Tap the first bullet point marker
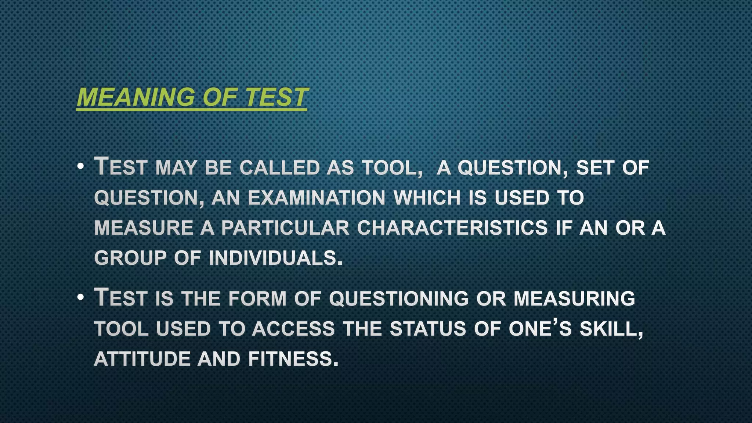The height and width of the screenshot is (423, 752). (81, 167)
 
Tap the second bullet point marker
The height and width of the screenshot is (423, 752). (81, 298)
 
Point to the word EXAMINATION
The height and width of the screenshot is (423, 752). (317, 198)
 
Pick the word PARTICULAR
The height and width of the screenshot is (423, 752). (285, 228)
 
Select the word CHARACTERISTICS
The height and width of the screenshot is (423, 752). (452, 228)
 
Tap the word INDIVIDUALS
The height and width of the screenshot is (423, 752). (275, 258)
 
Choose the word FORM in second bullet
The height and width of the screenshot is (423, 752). (257, 299)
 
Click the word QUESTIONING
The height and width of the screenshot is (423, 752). (399, 299)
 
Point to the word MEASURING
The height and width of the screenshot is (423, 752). (574, 299)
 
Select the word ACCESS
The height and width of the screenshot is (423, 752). (293, 329)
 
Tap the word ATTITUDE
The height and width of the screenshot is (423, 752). (142, 359)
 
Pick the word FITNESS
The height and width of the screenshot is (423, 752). (293, 359)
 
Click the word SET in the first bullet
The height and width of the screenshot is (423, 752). (595, 168)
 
